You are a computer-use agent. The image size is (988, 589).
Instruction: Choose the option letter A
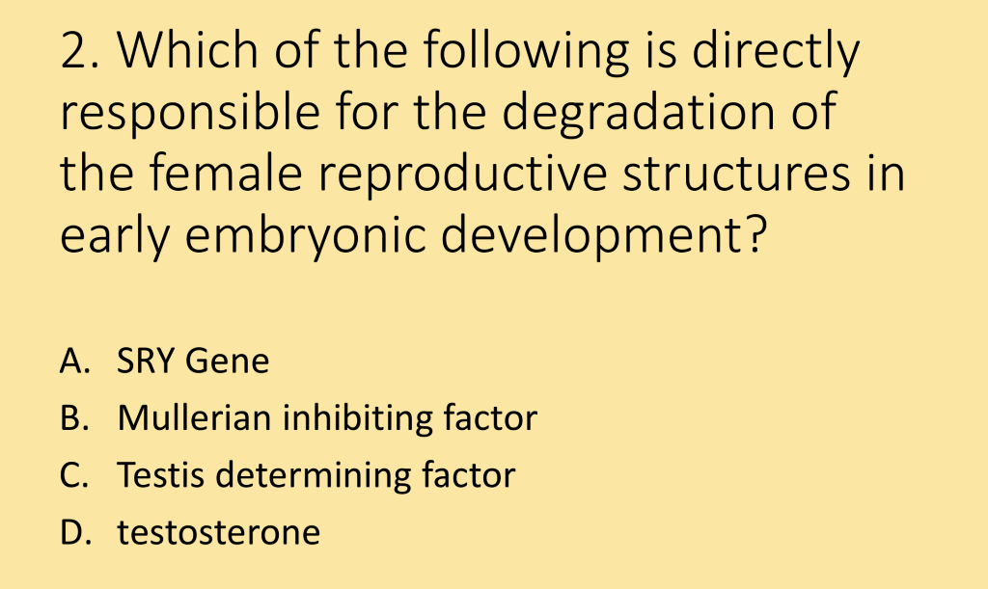point(71,361)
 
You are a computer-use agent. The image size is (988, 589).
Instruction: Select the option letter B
point(71,418)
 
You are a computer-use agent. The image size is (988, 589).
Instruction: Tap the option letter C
point(71,475)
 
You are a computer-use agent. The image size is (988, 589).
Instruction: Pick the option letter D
point(72,532)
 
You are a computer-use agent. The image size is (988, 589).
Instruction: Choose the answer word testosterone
point(218,532)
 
